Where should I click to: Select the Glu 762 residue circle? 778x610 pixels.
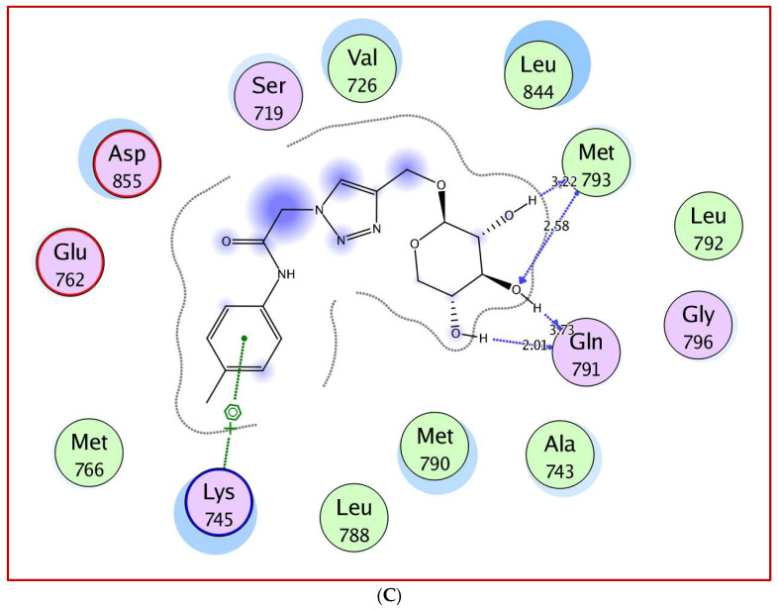[x=70, y=259]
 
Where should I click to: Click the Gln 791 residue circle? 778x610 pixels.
[x=586, y=351]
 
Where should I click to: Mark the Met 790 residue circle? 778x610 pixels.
[x=434, y=450]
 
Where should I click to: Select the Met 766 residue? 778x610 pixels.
[x=89, y=454]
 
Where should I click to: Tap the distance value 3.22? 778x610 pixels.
[x=563, y=182]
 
